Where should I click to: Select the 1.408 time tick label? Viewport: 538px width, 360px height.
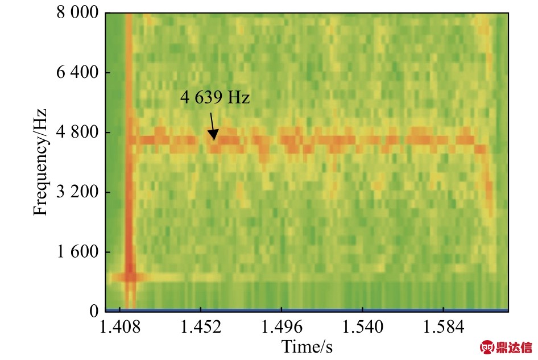119,328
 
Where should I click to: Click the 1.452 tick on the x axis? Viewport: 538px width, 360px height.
200,328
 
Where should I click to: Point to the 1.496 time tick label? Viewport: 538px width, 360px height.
282,328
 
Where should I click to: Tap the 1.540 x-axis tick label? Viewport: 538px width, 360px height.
362,328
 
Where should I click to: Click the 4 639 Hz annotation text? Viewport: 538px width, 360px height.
215,98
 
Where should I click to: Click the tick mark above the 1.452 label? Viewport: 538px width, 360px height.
200,313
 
